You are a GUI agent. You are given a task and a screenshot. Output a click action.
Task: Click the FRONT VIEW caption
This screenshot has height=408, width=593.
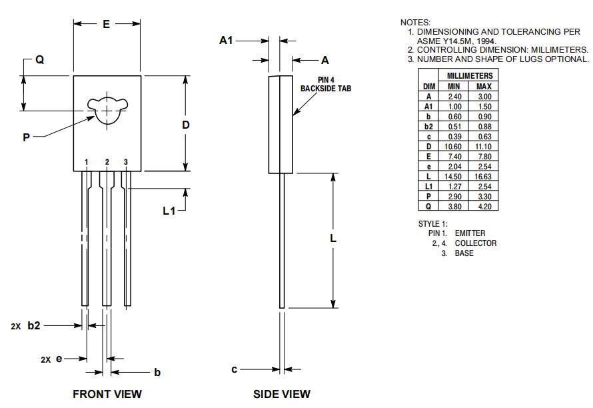(x=107, y=394)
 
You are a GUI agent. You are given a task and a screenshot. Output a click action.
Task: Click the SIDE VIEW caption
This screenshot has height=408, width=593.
(x=281, y=394)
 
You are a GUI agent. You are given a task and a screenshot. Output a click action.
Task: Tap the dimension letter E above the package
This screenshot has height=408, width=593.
(x=107, y=24)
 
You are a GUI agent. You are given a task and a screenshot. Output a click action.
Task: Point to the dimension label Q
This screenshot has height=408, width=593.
(x=39, y=59)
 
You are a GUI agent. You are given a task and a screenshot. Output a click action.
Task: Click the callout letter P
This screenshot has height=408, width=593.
(x=27, y=137)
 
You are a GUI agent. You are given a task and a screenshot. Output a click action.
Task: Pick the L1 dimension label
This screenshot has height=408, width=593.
(x=170, y=211)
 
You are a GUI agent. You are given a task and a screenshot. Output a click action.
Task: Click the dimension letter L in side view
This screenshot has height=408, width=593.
(x=333, y=238)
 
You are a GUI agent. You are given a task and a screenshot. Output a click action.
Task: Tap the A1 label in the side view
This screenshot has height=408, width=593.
(x=227, y=41)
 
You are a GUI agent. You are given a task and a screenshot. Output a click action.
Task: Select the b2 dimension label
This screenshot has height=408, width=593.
(x=34, y=325)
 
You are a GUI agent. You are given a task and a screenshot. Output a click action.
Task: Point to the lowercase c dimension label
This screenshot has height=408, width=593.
(x=234, y=369)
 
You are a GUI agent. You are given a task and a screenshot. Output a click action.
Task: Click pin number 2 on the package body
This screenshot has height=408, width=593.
(x=107, y=162)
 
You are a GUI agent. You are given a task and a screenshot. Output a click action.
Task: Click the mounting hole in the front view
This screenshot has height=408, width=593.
(x=107, y=109)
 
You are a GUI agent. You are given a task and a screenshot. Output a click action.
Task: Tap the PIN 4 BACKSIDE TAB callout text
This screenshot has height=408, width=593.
(x=325, y=84)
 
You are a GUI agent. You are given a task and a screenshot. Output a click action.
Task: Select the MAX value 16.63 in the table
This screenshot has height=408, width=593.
(x=484, y=176)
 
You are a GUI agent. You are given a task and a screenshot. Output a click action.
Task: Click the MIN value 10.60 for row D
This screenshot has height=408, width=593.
(x=453, y=146)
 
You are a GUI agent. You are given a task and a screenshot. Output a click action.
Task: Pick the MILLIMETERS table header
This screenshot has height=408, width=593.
(x=469, y=75)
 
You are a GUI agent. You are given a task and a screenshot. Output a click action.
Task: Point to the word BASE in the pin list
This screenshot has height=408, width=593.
(x=464, y=253)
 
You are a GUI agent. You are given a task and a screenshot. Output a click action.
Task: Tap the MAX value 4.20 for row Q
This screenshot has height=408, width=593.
(x=484, y=206)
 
